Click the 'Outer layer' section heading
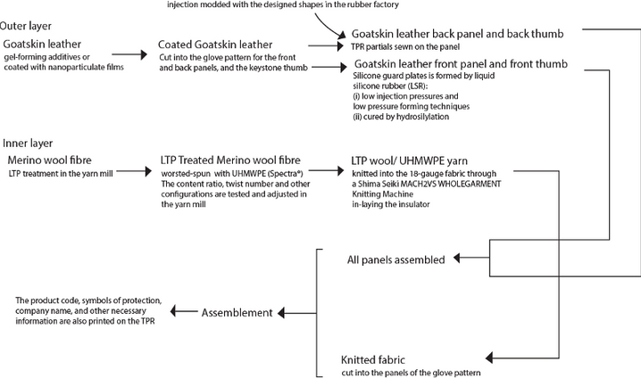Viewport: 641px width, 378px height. pyautogui.click(x=25, y=26)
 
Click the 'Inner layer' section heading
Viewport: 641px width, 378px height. pyautogui.click(x=28, y=144)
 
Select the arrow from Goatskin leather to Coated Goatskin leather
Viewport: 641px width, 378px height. pyautogui.click(x=129, y=54)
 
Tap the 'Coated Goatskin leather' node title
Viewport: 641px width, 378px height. pyautogui.click(x=215, y=45)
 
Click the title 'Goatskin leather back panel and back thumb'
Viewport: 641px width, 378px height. pyautogui.click(x=457, y=34)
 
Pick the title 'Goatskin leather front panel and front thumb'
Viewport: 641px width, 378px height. pyautogui.click(x=461, y=63)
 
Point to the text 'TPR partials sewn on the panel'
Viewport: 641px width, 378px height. pyautogui.click(x=405, y=47)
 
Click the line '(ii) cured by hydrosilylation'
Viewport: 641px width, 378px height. pyautogui.click(x=401, y=117)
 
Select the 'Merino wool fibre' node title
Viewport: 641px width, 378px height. pyautogui.click(x=49, y=160)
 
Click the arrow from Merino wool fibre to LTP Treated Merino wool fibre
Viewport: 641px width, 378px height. pyautogui.click(x=134, y=171)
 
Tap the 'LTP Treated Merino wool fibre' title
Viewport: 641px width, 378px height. pyautogui.click(x=230, y=160)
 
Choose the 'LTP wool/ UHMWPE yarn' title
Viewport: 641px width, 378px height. pyautogui.click(x=409, y=160)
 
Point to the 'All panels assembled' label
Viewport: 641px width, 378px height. pyautogui.click(x=395, y=260)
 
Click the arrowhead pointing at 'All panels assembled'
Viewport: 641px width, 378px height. pyautogui.click(x=456, y=258)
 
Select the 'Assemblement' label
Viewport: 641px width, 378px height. pyautogui.click(x=237, y=313)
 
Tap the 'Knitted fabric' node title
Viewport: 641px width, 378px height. pyautogui.click(x=373, y=360)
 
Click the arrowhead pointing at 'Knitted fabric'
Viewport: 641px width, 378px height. pyautogui.click(x=489, y=358)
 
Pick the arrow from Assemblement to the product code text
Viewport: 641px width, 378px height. pyautogui.click(x=184, y=311)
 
